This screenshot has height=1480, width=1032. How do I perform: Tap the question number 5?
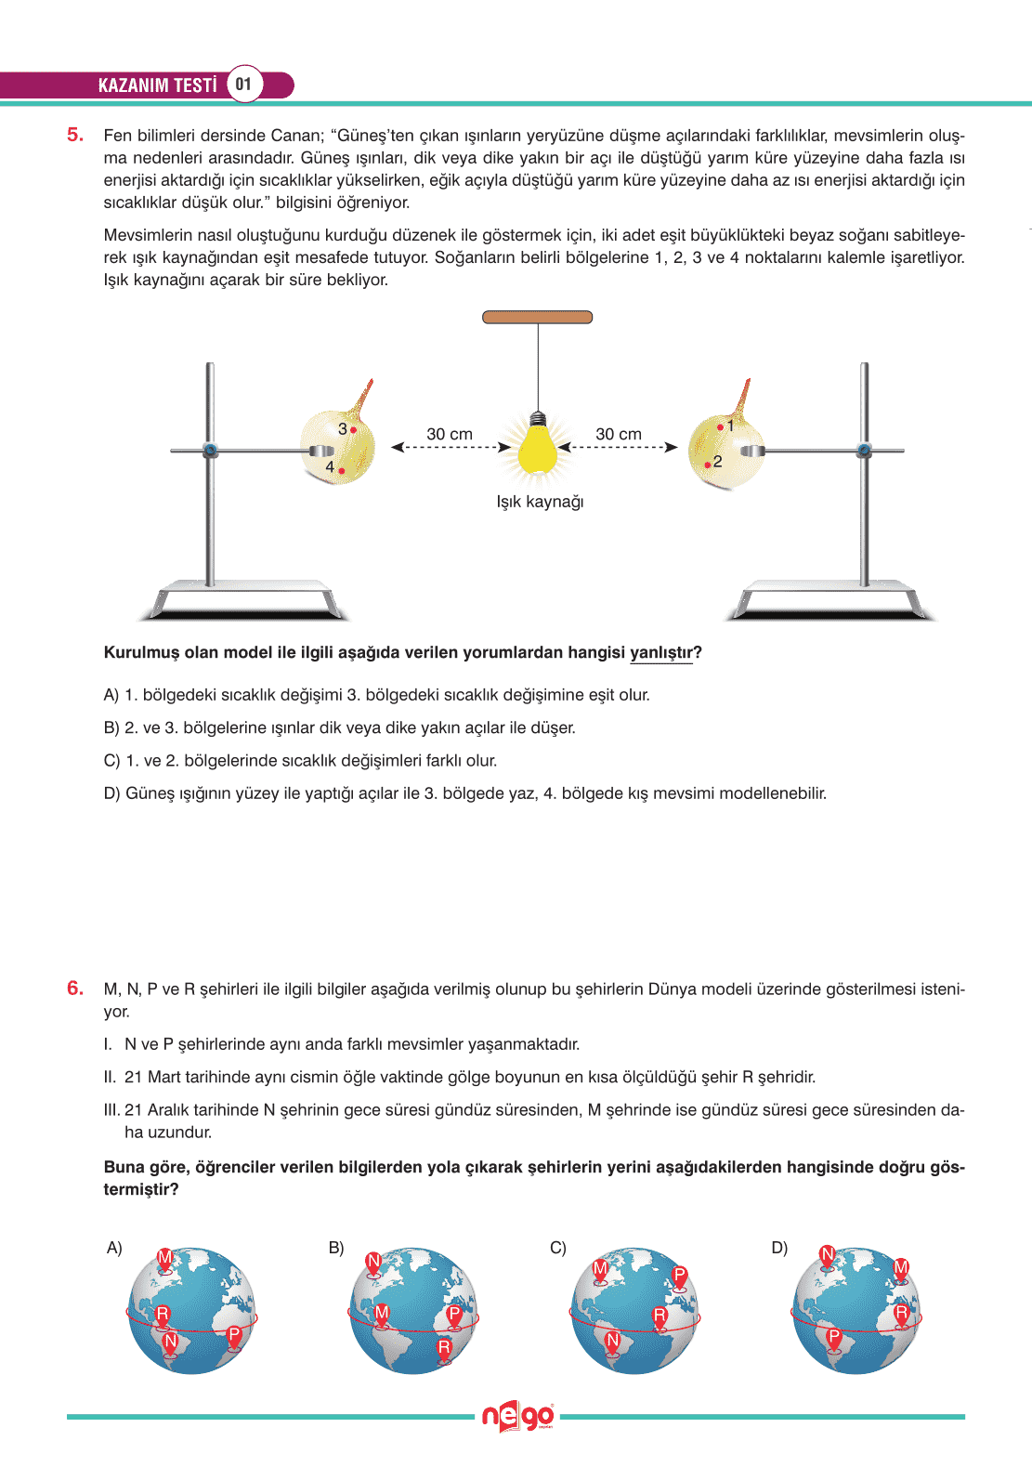(x=75, y=135)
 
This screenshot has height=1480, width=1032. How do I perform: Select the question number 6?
(x=75, y=989)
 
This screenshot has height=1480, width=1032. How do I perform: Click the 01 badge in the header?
(x=243, y=85)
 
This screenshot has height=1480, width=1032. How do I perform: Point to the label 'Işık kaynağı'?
(x=540, y=502)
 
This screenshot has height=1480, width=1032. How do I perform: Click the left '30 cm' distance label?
(x=450, y=434)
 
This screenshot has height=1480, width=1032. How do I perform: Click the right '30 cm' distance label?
(x=619, y=434)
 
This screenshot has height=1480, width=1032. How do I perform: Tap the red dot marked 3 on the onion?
(x=354, y=430)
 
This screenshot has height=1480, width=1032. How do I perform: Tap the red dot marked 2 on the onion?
(x=708, y=465)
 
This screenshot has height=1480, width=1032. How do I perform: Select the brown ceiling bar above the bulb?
(x=537, y=317)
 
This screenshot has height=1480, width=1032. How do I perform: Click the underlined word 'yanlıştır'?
(x=661, y=652)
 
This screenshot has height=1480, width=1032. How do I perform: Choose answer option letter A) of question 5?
(x=111, y=695)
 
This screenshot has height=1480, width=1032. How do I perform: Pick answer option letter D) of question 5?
(x=112, y=793)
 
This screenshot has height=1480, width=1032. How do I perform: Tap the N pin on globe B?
(x=373, y=1262)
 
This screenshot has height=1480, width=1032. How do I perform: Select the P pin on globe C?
(x=679, y=1276)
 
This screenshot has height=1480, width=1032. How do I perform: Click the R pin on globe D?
(x=901, y=1314)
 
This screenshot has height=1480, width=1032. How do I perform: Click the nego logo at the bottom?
(x=517, y=1417)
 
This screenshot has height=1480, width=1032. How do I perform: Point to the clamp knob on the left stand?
(x=210, y=451)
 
